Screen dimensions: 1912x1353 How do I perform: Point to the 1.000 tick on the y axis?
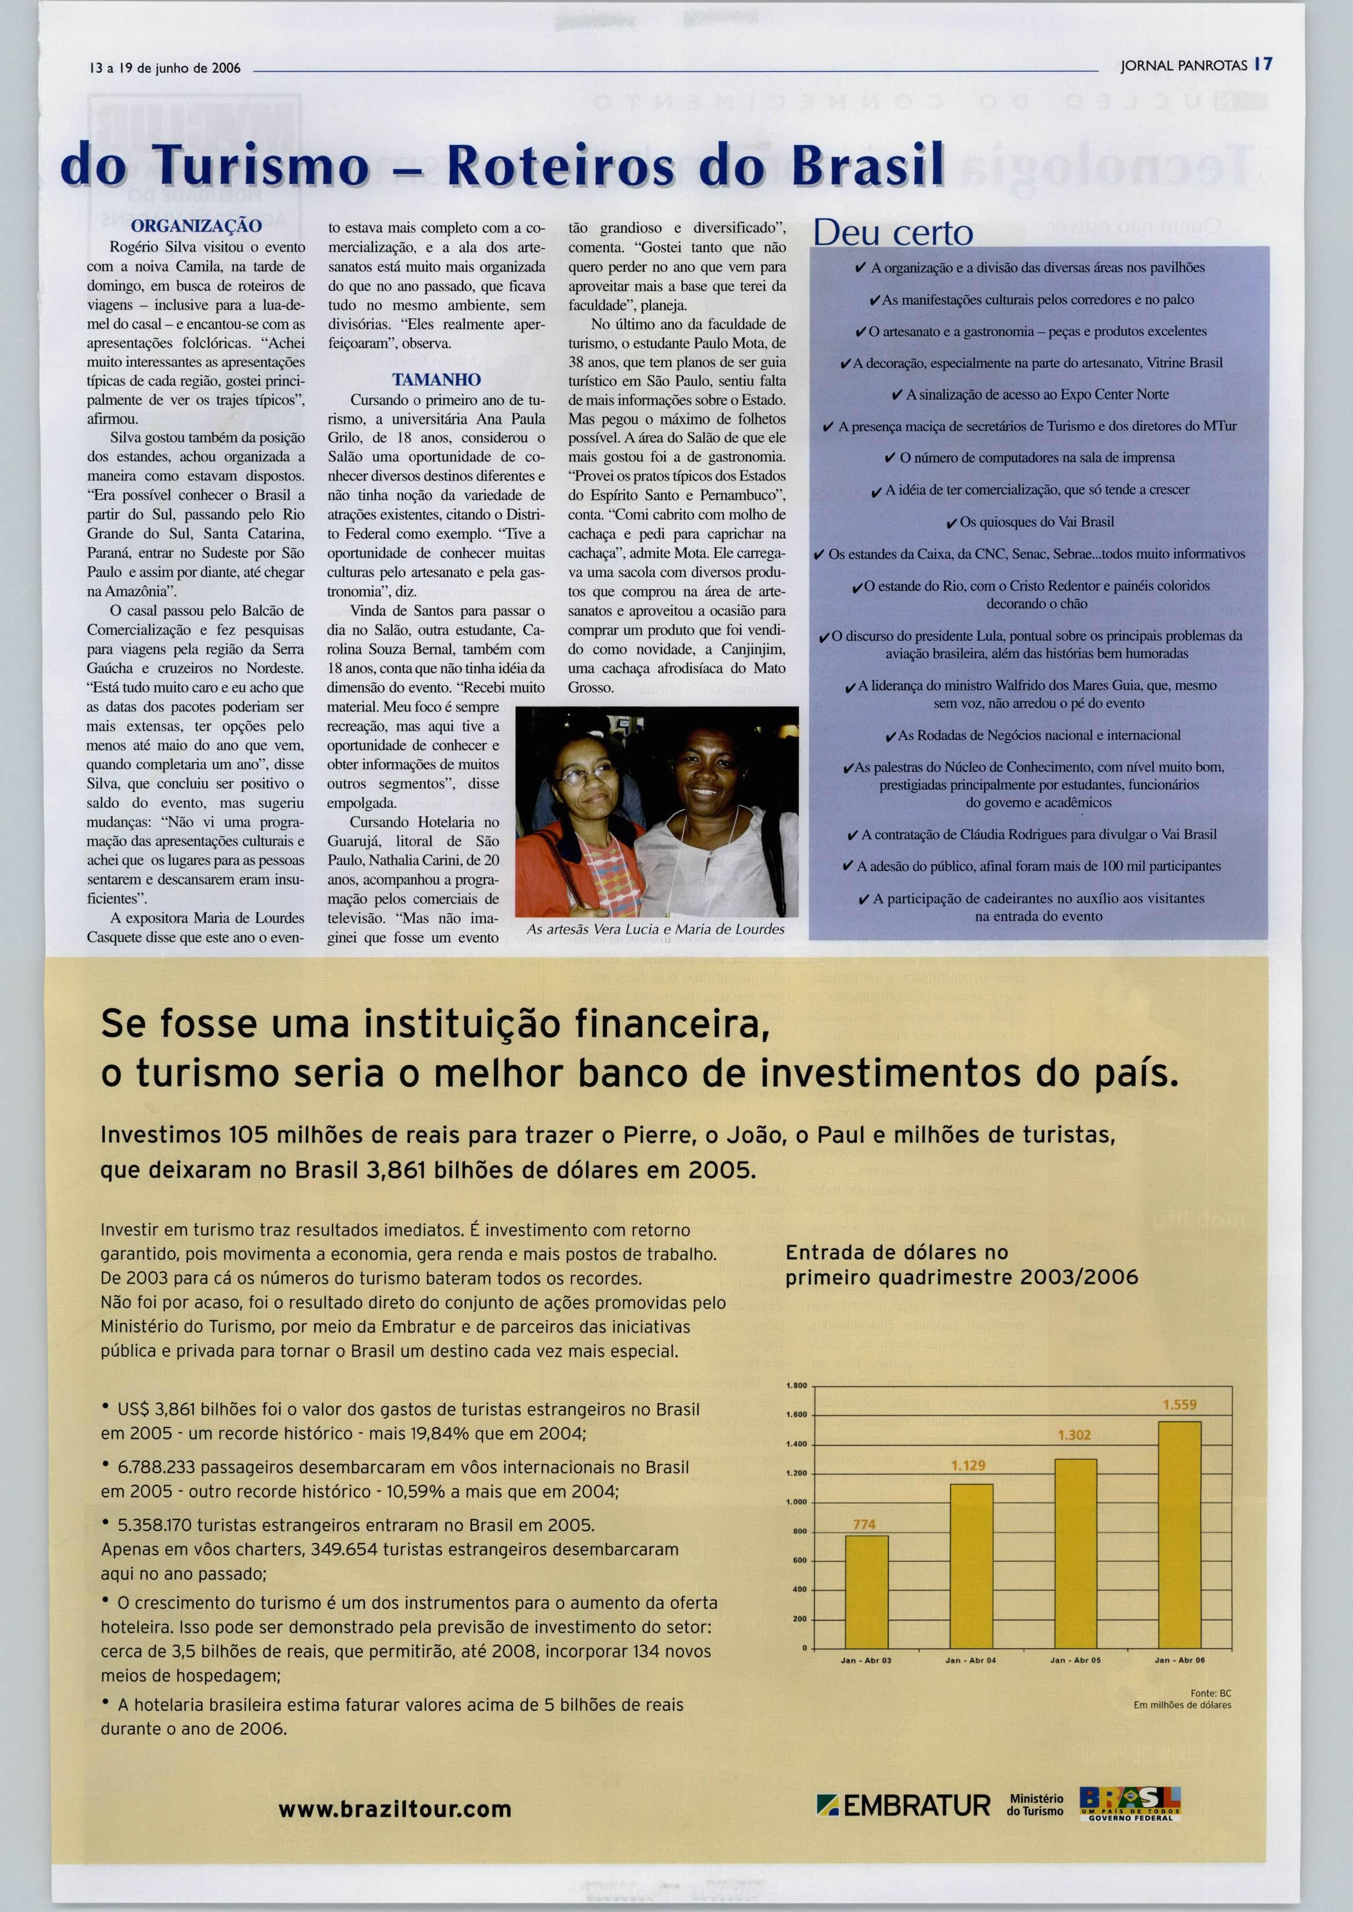tap(797, 1502)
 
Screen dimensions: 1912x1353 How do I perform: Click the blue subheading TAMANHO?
tap(437, 380)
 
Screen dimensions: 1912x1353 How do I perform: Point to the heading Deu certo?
tap(893, 233)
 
